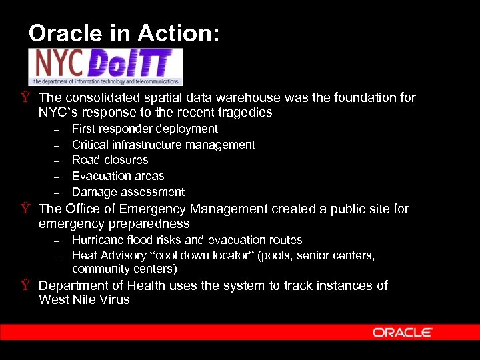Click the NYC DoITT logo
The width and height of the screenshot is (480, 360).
click(105, 67)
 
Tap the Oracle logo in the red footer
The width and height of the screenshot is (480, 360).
click(402, 332)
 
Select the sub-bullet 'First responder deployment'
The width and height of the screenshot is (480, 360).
click(145, 129)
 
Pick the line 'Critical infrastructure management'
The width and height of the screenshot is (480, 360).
click(163, 145)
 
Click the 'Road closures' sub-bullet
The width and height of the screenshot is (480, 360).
click(110, 160)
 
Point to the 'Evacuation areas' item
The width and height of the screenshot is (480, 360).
click(118, 176)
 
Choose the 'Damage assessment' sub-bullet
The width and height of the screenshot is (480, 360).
click(128, 192)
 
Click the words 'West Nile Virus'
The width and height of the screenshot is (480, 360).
click(84, 300)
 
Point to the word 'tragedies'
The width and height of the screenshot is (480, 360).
click(245, 113)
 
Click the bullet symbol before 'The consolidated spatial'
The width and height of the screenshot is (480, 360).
click(25, 98)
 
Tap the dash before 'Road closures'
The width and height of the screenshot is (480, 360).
click(57, 161)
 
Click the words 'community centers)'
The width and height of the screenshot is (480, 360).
click(125, 269)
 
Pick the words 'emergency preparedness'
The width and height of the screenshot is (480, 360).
click(114, 224)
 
